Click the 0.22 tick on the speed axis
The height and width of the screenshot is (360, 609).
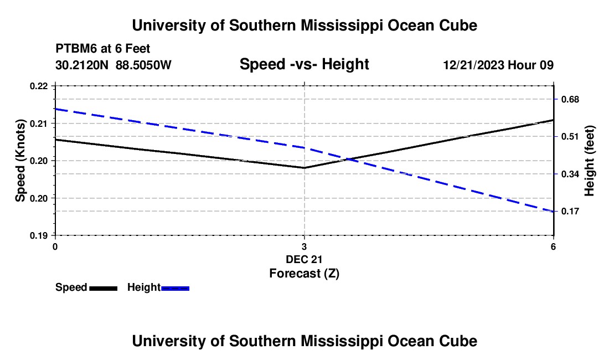(x=39, y=86)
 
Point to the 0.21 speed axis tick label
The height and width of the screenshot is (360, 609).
(x=39, y=124)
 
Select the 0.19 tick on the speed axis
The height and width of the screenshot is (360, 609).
(x=39, y=235)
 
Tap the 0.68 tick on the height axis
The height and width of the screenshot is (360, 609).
(x=570, y=100)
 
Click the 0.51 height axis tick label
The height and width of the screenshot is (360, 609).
(x=570, y=137)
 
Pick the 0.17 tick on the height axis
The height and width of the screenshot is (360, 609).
(x=570, y=212)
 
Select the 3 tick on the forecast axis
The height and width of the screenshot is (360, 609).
(x=304, y=246)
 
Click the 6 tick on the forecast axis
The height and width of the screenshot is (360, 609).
(x=553, y=246)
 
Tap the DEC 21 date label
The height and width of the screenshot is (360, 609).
(x=304, y=259)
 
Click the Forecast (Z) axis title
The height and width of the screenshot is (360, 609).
(x=304, y=274)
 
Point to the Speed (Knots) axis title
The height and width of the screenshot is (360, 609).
(x=20, y=161)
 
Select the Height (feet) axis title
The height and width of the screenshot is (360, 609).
(x=589, y=161)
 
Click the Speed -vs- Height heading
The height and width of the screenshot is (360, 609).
(x=304, y=64)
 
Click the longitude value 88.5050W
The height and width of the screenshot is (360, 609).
(x=143, y=65)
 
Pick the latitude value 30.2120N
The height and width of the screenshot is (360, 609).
(x=82, y=65)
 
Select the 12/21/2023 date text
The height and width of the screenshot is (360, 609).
(x=474, y=65)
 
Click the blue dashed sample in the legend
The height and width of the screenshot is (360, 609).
(x=175, y=289)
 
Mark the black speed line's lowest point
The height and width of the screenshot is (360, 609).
(x=304, y=168)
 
